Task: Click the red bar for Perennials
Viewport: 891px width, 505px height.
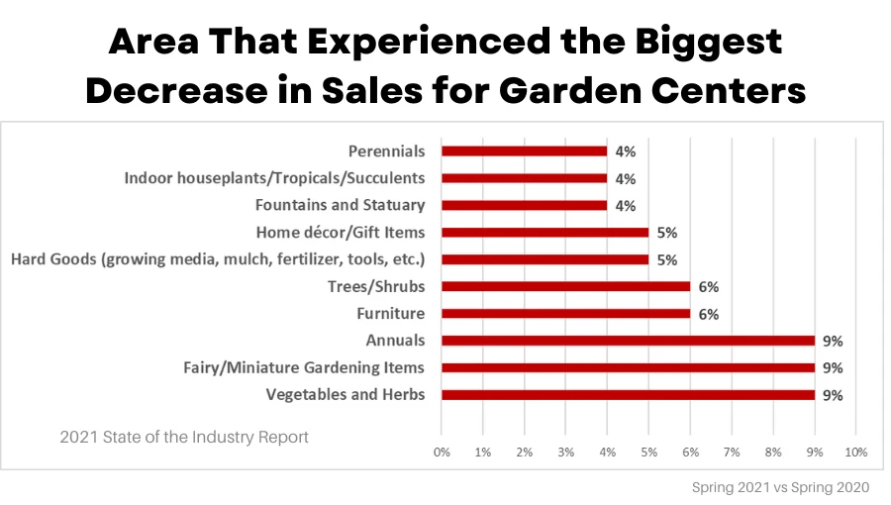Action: (524, 151)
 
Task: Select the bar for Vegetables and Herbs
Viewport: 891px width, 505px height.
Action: (628, 394)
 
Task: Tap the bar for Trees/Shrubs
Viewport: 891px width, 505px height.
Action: (565, 287)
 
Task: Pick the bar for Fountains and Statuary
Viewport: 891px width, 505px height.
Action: (524, 206)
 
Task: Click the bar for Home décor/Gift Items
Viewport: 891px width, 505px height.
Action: (544, 233)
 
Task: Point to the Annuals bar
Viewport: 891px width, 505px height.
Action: (628, 341)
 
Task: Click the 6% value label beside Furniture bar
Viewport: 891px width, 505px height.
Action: (708, 314)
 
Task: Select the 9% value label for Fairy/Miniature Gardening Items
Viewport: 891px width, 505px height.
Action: (833, 367)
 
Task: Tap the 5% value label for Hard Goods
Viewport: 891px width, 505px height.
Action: (666, 260)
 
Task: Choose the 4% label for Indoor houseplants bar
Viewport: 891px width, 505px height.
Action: (625, 179)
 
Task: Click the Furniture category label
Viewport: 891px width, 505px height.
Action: (390, 314)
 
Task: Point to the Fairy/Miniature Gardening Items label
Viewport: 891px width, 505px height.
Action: (304, 367)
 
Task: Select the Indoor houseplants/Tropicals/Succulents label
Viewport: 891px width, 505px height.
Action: (274, 178)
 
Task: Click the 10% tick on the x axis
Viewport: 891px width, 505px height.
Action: (855, 452)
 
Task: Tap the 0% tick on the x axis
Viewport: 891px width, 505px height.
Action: (442, 452)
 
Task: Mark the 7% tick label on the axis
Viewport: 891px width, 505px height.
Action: (732, 452)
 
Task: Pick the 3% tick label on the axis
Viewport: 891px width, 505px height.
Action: (565, 452)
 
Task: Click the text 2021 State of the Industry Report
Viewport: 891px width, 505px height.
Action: (184, 437)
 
